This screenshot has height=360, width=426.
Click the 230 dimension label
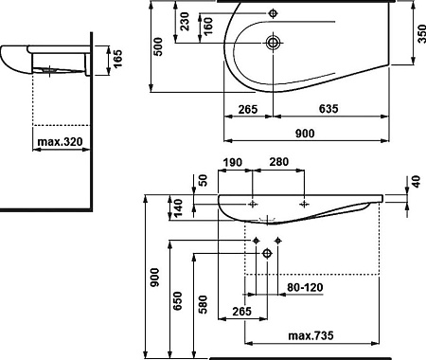[x=185, y=21]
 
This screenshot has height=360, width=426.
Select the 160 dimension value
[x=208, y=26]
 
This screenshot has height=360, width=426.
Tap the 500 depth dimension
[x=158, y=46]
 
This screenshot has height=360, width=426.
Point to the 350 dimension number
[x=421, y=34]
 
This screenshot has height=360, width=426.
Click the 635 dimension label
[x=328, y=109]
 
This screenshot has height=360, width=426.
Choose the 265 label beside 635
[x=248, y=110]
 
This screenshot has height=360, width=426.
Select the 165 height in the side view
[x=117, y=59]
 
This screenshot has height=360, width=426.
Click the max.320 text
[x=60, y=141]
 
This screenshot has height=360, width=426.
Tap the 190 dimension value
[x=233, y=163]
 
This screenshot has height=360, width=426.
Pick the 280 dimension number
[x=279, y=162]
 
